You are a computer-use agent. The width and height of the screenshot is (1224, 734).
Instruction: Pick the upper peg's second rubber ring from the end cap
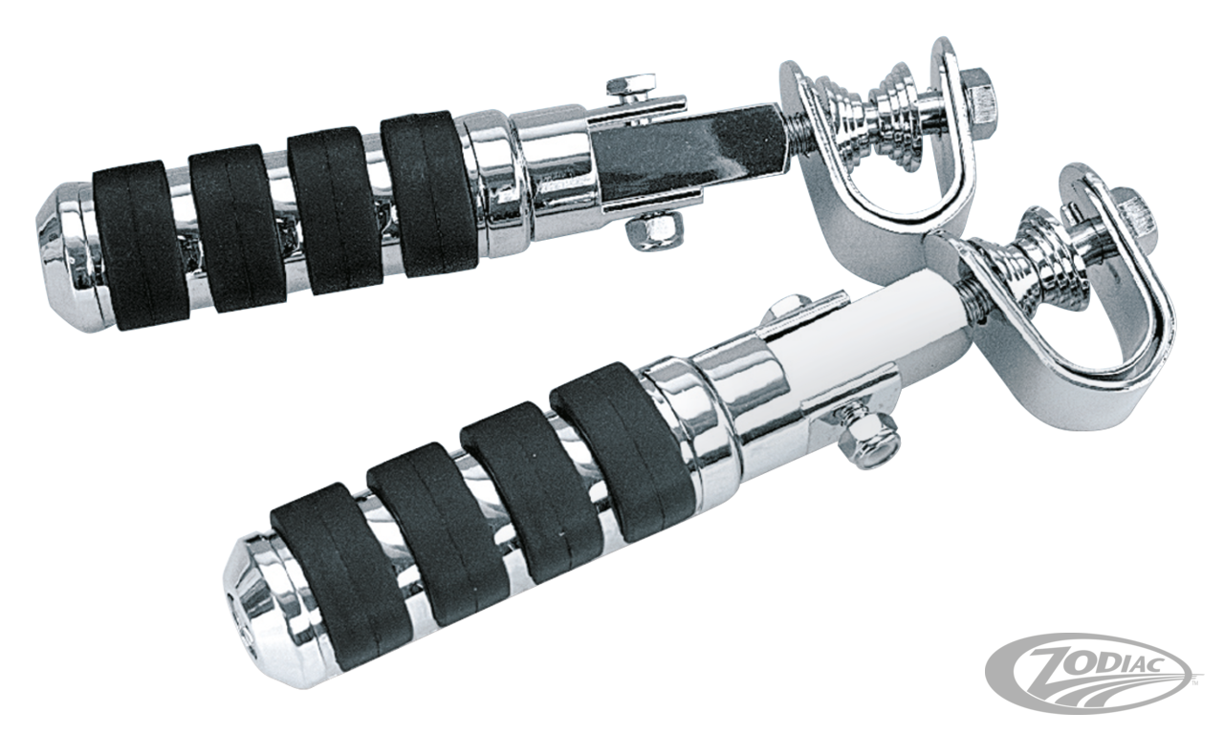(x=228, y=226)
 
